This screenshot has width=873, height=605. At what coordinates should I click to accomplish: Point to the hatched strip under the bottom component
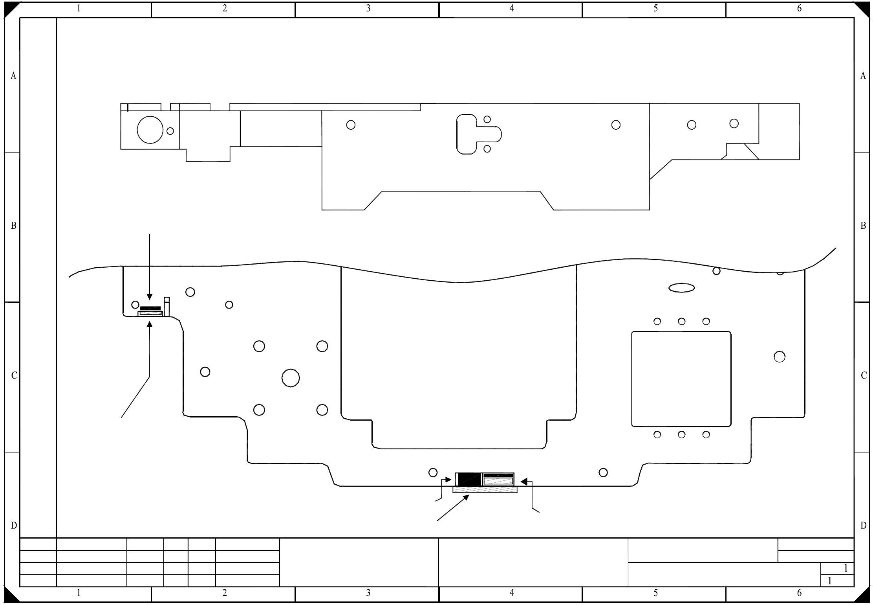(x=485, y=490)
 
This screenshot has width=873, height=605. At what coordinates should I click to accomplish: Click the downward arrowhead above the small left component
(x=150, y=297)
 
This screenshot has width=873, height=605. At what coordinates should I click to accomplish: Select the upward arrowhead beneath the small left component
(x=150, y=324)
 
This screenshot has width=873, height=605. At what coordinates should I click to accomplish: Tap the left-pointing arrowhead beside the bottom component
(x=523, y=481)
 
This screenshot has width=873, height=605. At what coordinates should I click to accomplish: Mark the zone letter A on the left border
(x=13, y=76)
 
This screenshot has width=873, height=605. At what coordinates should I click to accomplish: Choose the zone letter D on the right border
(x=863, y=526)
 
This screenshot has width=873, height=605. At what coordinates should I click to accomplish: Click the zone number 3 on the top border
(x=368, y=8)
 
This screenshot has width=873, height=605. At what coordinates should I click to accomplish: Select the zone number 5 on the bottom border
(x=655, y=592)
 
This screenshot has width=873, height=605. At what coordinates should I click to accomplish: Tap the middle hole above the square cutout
(x=682, y=322)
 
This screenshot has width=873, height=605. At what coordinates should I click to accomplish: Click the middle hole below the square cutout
(x=682, y=435)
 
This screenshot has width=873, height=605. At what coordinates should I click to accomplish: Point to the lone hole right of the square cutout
(x=780, y=357)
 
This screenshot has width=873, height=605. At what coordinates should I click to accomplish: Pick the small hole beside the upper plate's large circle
(x=170, y=131)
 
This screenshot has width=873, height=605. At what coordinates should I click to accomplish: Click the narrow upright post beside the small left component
(x=167, y=306)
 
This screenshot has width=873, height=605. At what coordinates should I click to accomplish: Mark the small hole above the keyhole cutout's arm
(x=487, y=119)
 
